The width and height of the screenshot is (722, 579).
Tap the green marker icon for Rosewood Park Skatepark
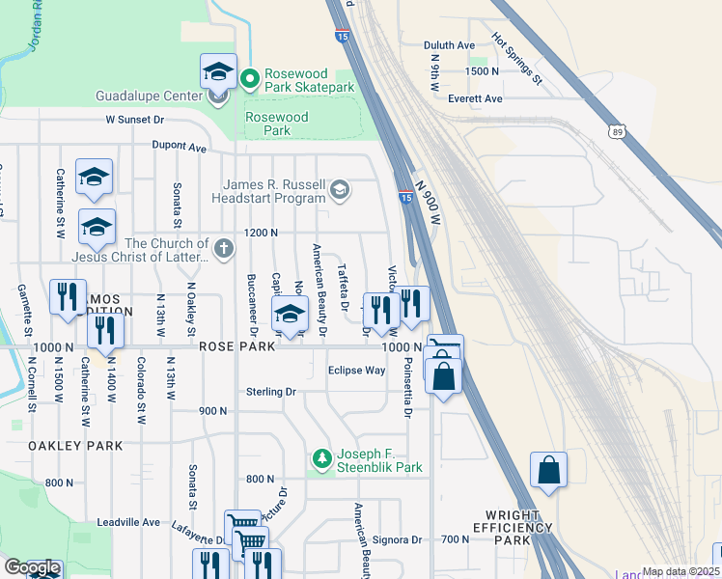(x=249, y=76)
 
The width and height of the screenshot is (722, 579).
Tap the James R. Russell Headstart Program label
(x=274, y=191)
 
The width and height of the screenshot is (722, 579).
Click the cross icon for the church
(x=224, y=249)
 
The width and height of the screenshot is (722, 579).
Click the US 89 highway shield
(x=619, y=129)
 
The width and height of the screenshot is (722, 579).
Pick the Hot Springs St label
(x=518, y=56)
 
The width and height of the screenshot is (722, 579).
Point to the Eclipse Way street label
(x=356, y=370)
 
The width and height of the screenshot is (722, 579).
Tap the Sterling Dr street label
(x=271, y=392)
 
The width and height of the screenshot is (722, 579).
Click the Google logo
(x=32, y=567)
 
